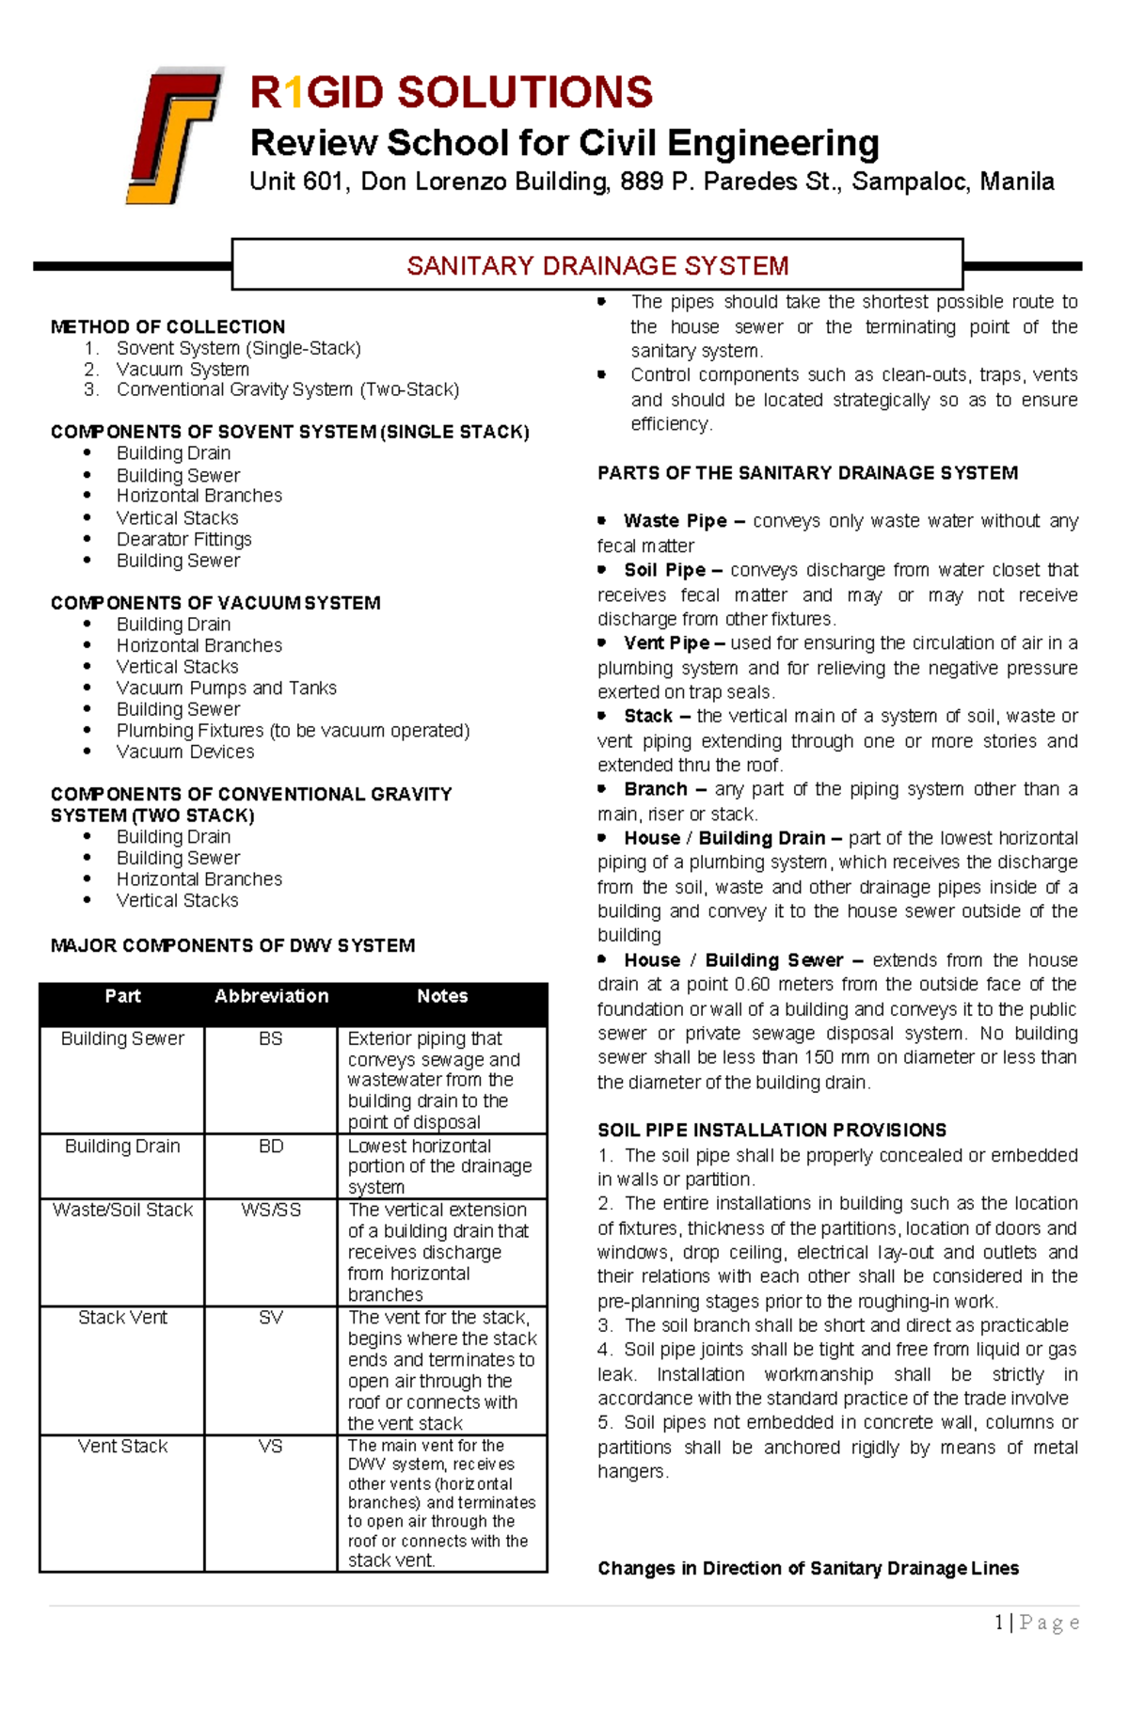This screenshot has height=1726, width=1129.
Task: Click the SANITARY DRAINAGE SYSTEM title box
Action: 597,265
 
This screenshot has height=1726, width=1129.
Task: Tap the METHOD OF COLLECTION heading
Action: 167,326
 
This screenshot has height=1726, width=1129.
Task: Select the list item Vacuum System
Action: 183,369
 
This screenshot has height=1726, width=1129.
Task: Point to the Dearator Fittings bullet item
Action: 183,539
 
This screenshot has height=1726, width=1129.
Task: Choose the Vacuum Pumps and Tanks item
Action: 226,688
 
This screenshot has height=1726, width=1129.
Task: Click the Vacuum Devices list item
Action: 185,752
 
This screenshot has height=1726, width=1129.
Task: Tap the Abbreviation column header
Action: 271,996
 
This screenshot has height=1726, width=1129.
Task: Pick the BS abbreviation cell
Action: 270,1038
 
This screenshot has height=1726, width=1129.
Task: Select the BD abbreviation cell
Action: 270,1146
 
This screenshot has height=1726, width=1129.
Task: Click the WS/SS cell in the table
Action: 270,1210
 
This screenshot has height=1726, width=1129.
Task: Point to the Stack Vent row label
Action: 122,1318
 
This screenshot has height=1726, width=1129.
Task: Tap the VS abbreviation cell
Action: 270,1446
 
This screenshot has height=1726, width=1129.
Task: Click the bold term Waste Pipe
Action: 675,521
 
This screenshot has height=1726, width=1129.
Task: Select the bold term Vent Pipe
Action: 666,643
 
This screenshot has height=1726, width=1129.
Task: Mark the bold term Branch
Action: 656,789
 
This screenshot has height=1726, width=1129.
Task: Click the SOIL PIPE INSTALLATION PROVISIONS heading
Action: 771,1130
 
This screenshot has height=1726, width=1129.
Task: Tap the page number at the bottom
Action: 1000,1622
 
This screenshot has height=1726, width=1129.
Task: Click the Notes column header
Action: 442,996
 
